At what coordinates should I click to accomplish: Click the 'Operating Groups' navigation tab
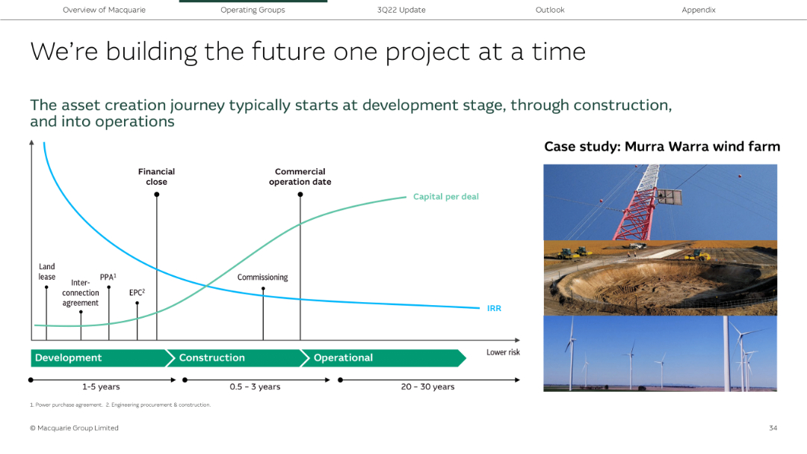tap(253, 10)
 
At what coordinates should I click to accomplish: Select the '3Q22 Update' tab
tap(401, 10)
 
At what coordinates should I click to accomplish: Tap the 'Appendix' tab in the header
tap(698, 10)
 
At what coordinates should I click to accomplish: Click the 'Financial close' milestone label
tap(156, 177)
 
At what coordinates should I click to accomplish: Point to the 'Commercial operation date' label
tap(300, 177)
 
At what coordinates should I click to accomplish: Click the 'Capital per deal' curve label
tap(445, 197)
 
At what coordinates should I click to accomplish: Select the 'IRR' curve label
tap(494, 308)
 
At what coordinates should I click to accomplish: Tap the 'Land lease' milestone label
tap(47, 272)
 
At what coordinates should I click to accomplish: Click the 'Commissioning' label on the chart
tap(262, 277)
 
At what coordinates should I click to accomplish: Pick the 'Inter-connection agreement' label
tap(80, 293)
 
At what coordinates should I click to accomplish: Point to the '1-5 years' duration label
tap(101, 387)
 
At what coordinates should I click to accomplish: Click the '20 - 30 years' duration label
tap(427, 387)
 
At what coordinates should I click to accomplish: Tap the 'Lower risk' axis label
tap(503, 352)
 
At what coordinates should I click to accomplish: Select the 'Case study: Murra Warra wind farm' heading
tap(661, 147)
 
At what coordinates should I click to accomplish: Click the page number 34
tap(773, 428)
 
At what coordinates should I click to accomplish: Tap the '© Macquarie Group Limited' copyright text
tap(74, 428)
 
